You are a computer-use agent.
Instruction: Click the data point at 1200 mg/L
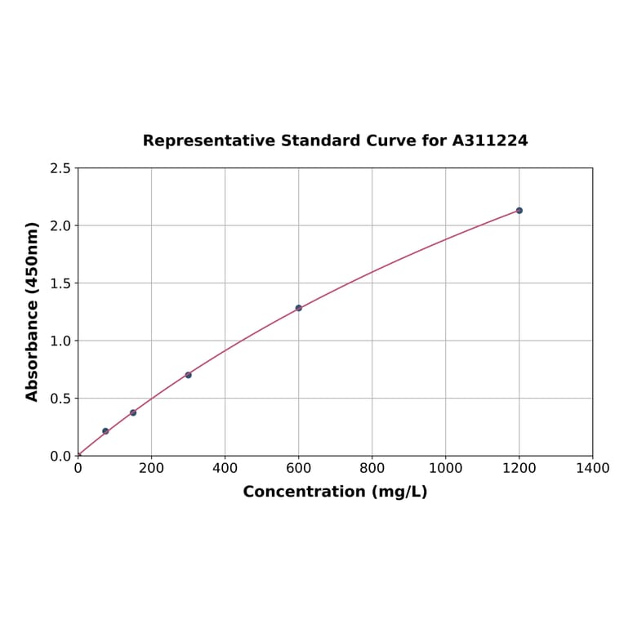(519, 211)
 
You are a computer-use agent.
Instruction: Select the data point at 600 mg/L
(298, 308)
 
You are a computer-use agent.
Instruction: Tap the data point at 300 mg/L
(188, 375)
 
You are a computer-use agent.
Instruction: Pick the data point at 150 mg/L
(133, 412)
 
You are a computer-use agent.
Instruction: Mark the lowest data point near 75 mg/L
(105, 431)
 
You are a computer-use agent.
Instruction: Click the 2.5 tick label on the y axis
(60, 168)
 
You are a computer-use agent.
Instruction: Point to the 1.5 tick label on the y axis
(60, 283)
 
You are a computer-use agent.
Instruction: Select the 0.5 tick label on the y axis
(60, 399)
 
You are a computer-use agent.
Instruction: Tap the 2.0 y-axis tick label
(60, 225)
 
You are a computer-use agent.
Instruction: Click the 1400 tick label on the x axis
(592, 469)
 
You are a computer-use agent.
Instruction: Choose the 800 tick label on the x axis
(372, 469)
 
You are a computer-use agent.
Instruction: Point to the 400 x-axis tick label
(225, 469)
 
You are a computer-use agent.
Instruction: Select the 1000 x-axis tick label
(445, 469)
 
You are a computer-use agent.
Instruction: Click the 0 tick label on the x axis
(78, 469)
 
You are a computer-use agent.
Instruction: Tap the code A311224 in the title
(490, 141)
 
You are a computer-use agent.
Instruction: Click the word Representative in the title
(208, 141)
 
